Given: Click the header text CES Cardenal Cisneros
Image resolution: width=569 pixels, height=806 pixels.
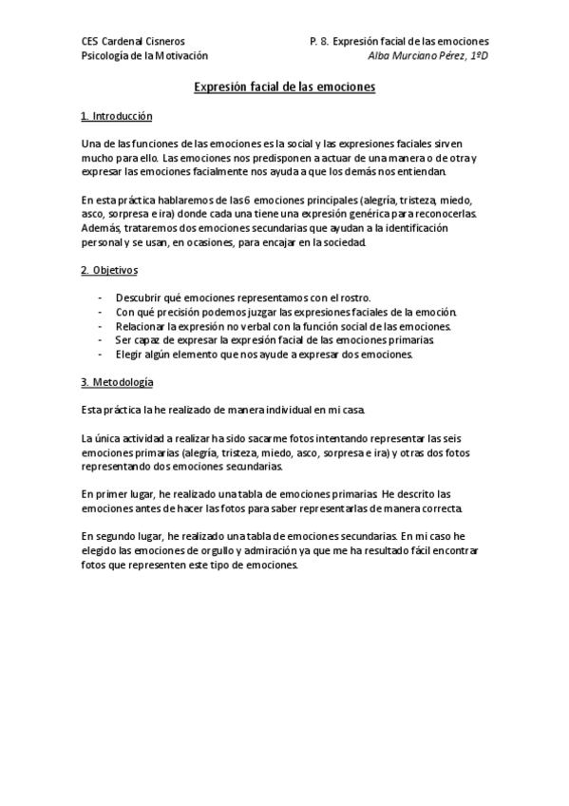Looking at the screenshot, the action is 133,42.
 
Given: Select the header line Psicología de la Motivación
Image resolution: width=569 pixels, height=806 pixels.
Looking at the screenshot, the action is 144,56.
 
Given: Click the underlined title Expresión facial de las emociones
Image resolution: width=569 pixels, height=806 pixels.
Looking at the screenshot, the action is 285,86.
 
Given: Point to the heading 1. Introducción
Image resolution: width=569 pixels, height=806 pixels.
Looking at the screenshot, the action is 117,116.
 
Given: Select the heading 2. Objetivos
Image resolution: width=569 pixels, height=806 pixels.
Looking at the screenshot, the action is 109,270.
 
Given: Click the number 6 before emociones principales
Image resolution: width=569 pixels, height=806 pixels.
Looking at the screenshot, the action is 246,201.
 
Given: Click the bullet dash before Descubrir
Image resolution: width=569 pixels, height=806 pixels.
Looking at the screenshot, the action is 100,298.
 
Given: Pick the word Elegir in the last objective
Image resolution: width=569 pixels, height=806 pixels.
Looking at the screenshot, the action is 130,355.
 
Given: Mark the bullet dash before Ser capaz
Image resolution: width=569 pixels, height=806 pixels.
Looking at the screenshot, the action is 100,340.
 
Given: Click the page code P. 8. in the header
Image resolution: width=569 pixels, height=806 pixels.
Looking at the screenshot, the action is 319,42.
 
